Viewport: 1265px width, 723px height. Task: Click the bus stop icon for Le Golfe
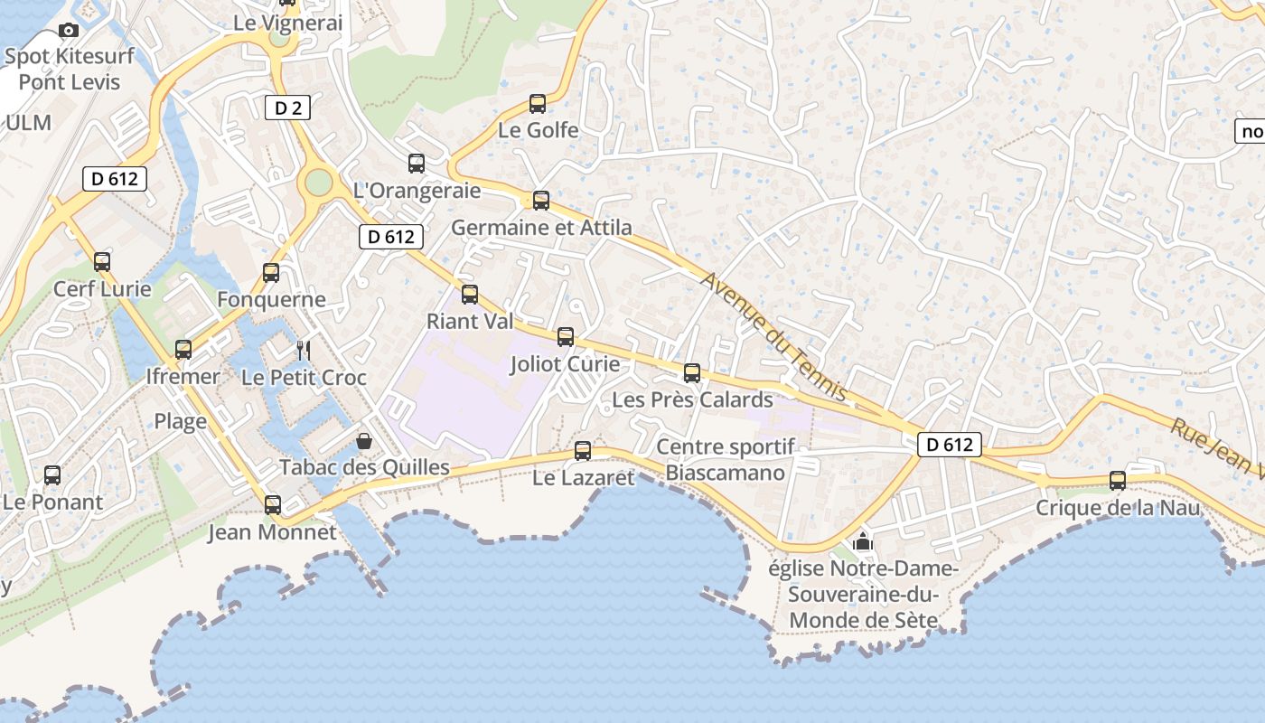(538, 104)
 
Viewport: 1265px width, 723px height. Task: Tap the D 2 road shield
(287, 108)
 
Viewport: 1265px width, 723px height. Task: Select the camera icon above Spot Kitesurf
(69, 31)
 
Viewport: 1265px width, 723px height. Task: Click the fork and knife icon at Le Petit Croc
(304, 350)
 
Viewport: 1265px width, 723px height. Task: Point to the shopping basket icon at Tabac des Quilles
(364, 441)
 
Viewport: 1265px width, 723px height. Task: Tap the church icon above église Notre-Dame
(863, 542)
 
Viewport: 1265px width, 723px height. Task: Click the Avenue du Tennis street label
(773, 337)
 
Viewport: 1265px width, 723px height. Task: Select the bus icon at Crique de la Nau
(1118, 481)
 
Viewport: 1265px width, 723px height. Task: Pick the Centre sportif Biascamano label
(726, 459)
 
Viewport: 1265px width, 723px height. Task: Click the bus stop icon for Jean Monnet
(273, 505)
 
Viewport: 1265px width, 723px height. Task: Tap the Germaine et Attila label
(541, 227)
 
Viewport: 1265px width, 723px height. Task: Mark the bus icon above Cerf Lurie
(102, 262)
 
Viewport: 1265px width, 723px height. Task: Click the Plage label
(181, 421)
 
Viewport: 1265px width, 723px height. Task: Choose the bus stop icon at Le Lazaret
(583, 451)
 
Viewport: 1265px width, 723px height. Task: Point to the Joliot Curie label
(565, 364)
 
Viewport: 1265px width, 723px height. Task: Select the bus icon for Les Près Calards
(692, 373)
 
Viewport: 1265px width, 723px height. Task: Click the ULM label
(29, 123)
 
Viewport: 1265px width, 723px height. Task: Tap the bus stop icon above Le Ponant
(52, 475)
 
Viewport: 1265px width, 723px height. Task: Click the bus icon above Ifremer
(183, 350)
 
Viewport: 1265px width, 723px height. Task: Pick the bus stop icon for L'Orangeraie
(417, 164)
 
